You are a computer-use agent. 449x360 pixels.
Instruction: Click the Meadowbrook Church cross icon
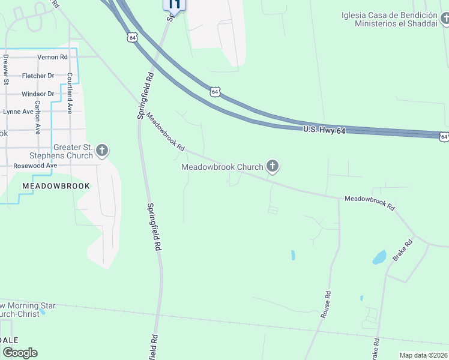pyautogui.click(x=273, y=166)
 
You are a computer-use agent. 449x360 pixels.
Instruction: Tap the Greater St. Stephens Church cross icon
pyautogui.click(x=102, y=150)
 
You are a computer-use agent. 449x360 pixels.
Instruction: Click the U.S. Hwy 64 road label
pyautogui.click(x=325, y=130)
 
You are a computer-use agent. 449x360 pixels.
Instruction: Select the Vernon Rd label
pyautogui.click(x=52, y=57)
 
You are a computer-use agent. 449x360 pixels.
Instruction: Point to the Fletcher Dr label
pyautogui.click(x=38, y=76)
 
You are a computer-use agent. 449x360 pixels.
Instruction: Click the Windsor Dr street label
pyautogui.click(x=38, y=94)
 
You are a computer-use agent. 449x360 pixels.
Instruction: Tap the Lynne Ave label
pyautogui.click(x=19, y=112)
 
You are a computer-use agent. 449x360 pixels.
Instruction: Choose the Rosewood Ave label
pyautogui.click(x=35, y=165)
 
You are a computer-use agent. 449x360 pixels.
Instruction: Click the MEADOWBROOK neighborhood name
pyautogui.click(x=56, y=186)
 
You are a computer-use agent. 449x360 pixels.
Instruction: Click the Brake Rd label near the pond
pyautogui.click(x=403, y=250)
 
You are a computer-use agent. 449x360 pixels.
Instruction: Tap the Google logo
pyautogui.click(x=20, y=353)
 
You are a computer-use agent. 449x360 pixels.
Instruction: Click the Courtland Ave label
pyautogui.click(x=70, y=93)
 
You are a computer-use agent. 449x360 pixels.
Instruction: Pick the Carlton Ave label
pyautogui.click(x=37, y=116)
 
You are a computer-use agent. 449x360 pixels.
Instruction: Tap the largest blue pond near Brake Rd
pyautogui.click(x=379, y=257)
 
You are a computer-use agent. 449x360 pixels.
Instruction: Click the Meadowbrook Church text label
pyautogui.click(x=222, y=167)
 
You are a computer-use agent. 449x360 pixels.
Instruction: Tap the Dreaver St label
pyautogui.click(x=5, y=69)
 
